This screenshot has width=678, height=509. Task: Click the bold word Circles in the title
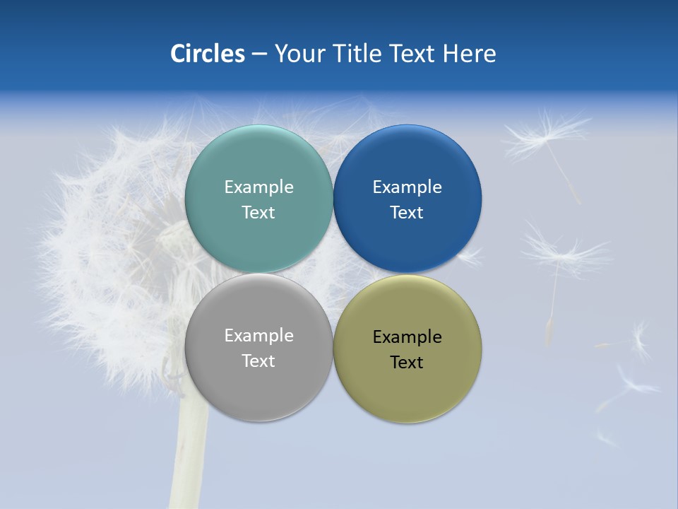coord(207,54)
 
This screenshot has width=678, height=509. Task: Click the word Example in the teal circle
coord(258,187)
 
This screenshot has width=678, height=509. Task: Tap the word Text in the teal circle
coord(258,213)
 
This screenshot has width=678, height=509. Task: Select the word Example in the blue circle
coord(407,187)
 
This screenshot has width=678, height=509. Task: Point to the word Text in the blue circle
coord(407,213)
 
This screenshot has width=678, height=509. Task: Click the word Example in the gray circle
coord(258,336)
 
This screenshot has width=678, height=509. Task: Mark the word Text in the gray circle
coord(258,361)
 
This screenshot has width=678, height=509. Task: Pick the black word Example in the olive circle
coord(407,337)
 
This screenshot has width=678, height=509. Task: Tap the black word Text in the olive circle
coord(407,363)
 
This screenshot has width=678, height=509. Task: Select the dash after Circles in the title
coord(259,54)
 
